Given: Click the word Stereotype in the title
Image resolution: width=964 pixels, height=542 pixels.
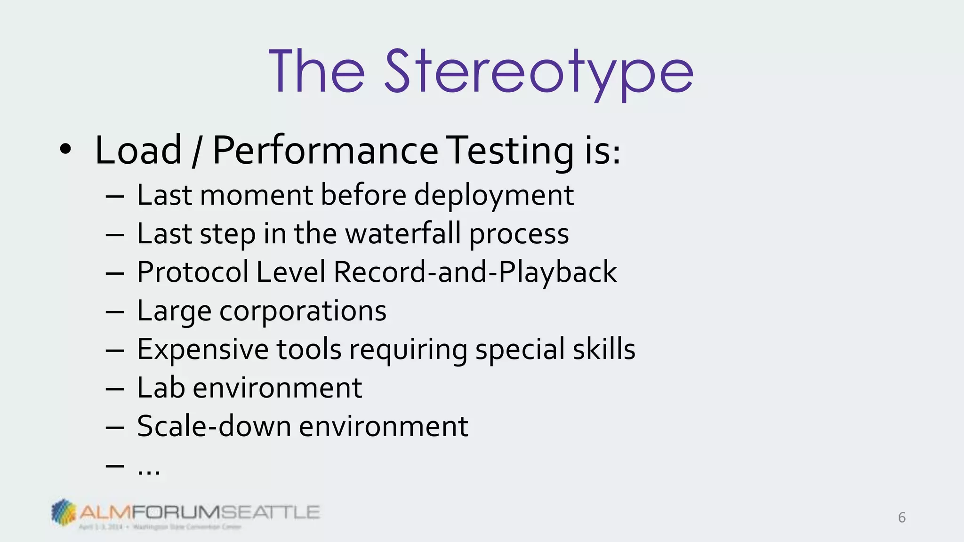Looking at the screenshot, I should (x=539, y=73).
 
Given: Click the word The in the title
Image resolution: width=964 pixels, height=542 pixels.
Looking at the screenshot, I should (x=317, y=73).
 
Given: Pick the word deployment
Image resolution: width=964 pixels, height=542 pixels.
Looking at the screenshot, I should (x=494, y=195).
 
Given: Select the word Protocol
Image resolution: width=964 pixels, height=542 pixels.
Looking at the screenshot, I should (x=193, y=272).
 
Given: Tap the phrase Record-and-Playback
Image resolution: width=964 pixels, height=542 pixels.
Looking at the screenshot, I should (x=475, y=272).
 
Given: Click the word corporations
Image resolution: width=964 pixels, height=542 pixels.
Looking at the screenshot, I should (x=303, y=311).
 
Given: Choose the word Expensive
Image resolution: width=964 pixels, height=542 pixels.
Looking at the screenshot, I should (x=202, y=350).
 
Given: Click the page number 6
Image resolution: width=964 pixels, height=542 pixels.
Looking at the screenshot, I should (x=901, y=518).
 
